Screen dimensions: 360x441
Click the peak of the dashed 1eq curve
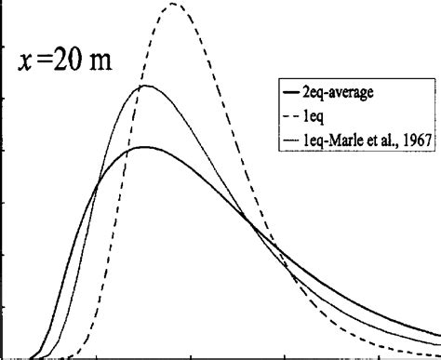point(173,5)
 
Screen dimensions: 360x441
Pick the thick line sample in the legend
point(287,92)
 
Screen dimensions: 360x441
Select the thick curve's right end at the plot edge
point(437,332)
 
